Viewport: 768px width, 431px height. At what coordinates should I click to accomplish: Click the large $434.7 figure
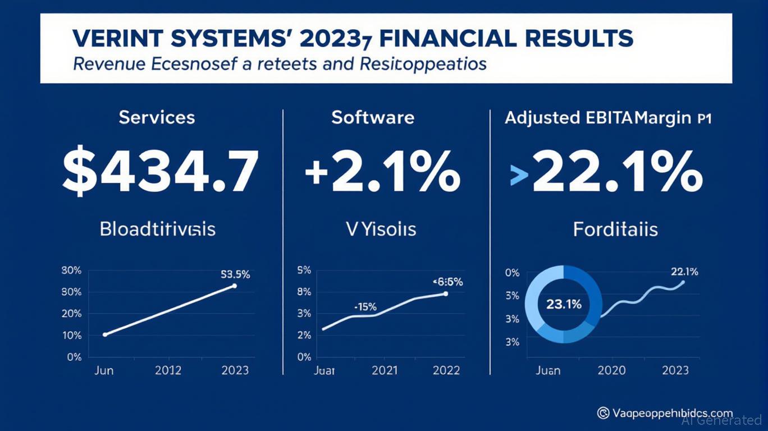[161, 172]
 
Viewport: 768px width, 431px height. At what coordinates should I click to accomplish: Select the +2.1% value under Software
[382, 172]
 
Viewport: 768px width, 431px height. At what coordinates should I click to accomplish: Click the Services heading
[157, 117]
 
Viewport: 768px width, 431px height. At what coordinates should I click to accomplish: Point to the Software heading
[373, 117]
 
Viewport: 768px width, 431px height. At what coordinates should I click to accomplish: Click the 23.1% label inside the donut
[564, 304]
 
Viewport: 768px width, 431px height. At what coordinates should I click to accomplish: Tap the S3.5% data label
[235, 274]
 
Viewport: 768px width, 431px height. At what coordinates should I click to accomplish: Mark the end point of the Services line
[234, 286]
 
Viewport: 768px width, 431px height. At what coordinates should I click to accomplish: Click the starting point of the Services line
[105, 334]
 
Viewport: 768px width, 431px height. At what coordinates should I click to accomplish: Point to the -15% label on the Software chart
[365, 307]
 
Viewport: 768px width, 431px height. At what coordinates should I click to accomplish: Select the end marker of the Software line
[445, 294]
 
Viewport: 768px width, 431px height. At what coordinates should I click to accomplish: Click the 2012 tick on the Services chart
[168, 370]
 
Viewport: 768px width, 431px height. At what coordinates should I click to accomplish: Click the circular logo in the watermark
[603, 413]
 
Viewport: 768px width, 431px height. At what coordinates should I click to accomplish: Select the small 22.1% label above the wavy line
[684, 272]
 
